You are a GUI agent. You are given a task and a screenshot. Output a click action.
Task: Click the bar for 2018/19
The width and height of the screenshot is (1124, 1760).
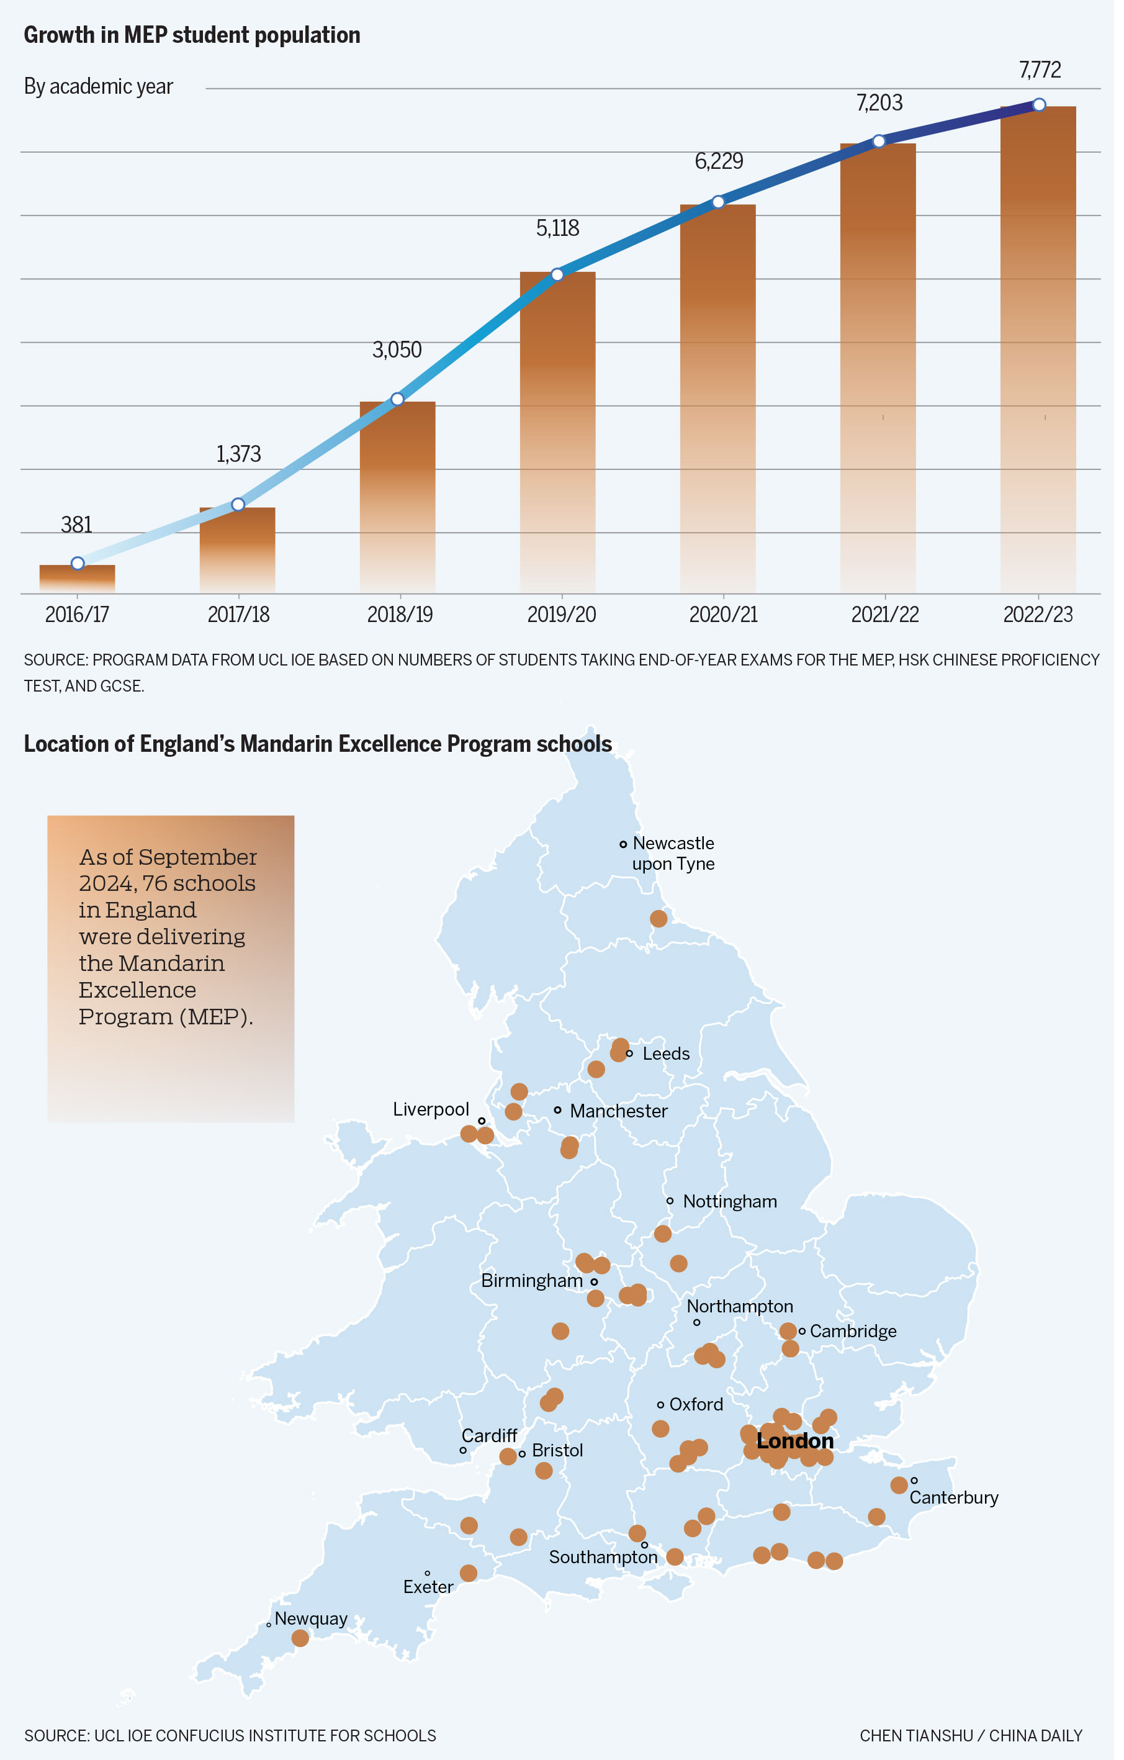[x=400, y=497]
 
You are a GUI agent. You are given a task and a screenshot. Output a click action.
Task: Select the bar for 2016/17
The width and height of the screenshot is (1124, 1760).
[x=78, y=579]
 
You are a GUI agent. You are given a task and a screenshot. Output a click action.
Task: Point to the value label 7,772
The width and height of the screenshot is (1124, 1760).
[x=1049, y=70]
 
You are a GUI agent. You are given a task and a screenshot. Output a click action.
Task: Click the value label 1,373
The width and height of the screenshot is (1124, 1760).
[x=240, y=458]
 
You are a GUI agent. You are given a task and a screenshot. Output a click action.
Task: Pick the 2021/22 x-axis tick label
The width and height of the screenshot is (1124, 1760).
[x=892, y=619]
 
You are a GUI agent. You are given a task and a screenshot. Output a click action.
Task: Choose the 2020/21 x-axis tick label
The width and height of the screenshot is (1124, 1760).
[x=729, y=619]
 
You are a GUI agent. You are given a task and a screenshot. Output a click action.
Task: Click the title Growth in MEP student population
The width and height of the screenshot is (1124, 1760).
[x=194, y=35]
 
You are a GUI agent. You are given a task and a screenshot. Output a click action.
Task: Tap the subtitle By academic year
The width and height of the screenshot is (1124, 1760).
[x=99, y=87]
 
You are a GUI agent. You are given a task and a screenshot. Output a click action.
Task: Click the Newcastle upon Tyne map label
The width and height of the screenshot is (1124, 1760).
[x=679, y=860]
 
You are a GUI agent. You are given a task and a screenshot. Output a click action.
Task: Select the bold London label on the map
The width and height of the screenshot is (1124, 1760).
[x=802, y=1454]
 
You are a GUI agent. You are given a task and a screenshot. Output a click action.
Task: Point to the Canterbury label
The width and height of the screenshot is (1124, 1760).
[x=962, y=1511]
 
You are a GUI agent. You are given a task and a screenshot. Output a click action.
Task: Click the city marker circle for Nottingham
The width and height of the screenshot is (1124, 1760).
[x=675, y=1211]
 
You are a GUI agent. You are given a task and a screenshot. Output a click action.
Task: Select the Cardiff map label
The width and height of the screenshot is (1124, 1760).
[x=493, y=1448]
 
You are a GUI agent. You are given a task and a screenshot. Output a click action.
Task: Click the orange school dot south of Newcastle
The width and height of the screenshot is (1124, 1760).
[x=664, y=926]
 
